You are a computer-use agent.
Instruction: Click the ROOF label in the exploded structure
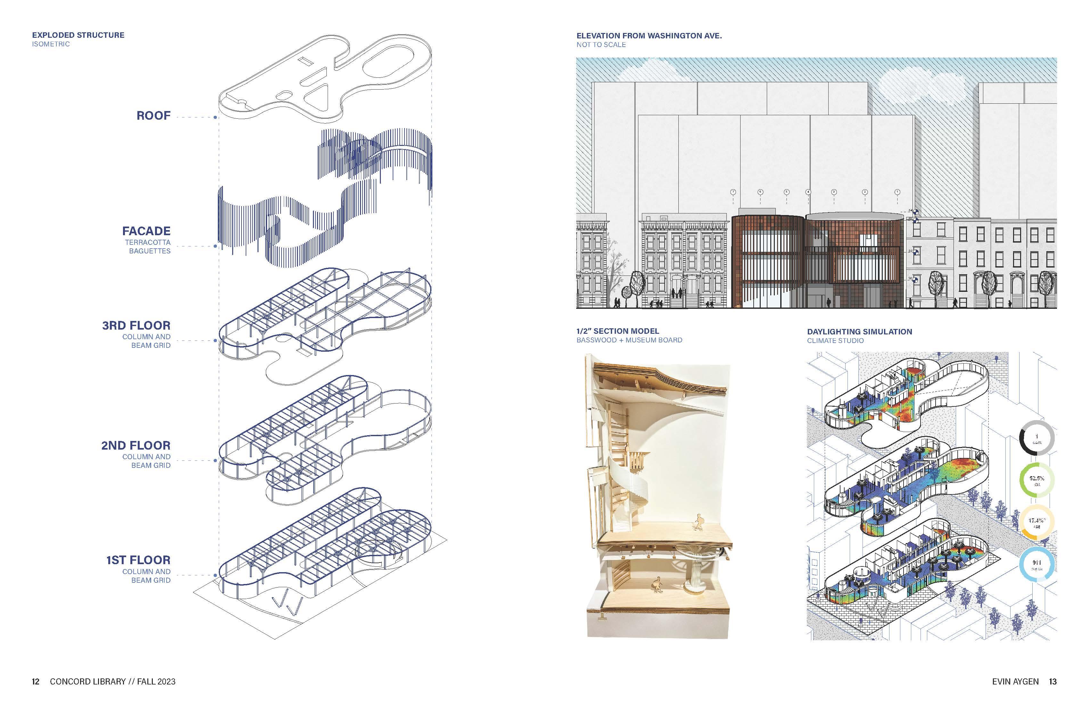coord(153,116)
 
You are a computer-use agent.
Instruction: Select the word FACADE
coord(146,231)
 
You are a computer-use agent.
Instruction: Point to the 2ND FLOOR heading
coord(135,445)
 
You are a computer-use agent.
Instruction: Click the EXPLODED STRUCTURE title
coord(78,35)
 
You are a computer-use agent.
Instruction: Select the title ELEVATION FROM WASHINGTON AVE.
coord(649,36)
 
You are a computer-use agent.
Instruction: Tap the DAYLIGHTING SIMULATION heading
coord(859,332)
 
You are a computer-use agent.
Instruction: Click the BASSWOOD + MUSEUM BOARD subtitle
coord(629,340)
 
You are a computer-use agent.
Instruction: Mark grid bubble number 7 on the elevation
coord(733,192)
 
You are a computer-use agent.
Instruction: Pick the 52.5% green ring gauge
coord(1037,480)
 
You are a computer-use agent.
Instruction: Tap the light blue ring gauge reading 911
coord(1037,565)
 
